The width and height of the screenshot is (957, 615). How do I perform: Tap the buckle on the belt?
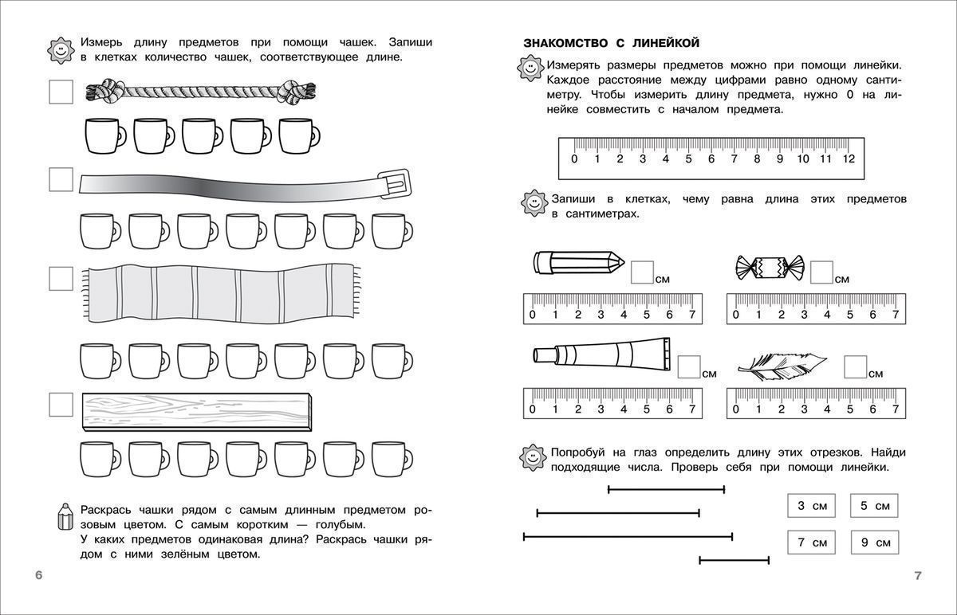[x=397, y=183]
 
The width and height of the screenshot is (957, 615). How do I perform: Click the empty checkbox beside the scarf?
[x=61, y=279]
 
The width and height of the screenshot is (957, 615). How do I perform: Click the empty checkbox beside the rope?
[x=61, y=92]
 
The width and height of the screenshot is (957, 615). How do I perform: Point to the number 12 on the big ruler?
[x=848, y=159]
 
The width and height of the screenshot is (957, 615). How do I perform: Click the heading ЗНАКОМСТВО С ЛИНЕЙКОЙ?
[x=611, y=42]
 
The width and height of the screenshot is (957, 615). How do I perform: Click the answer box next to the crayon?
[x=642, y=272]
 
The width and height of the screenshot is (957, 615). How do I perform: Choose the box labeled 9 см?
[x=874, y=543]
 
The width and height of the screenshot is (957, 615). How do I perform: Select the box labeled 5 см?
[x=874, y=506]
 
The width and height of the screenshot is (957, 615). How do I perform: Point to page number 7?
[x=918, y=576]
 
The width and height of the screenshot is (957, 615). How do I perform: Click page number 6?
[x=38, y=576]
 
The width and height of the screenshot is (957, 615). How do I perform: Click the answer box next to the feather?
[x=856, y=366]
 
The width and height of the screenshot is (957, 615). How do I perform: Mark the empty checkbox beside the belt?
[x=61, y=179]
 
